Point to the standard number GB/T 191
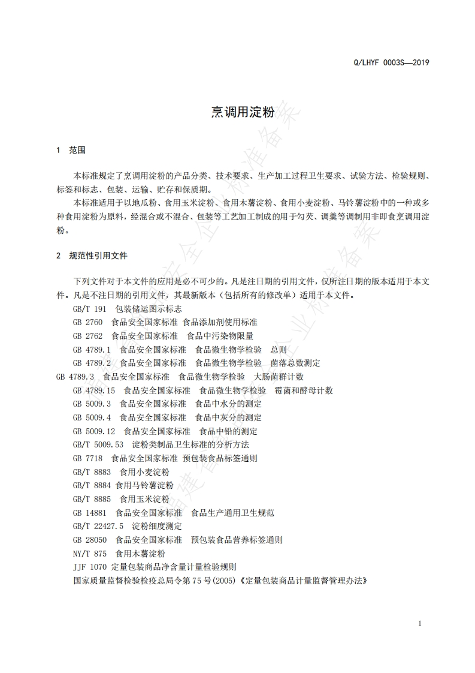[x=89, y=308]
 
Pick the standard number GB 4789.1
[x=92, y=349]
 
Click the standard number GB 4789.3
[x=75, y=376]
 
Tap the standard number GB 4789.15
[x=94, y=390]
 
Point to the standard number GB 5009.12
[x=94, y=431]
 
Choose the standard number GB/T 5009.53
[x=98, y=444]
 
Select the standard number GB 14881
[x=90, y=513]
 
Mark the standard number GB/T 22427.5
[x=98, y=526]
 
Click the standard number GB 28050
[x=90, y=540]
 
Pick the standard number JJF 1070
[x=90, y=567]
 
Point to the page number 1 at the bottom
[x=420, y=623]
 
